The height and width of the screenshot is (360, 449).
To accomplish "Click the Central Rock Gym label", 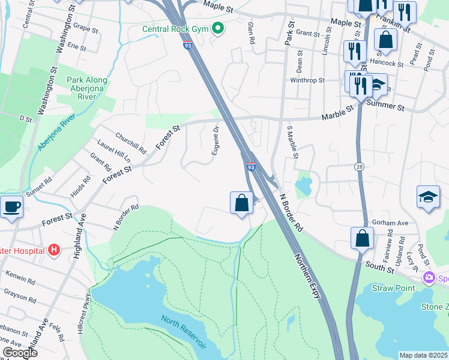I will [175, 29].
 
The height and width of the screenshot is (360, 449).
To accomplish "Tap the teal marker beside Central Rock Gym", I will [218, 28].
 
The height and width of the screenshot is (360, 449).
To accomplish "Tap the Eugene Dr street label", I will [215, 140].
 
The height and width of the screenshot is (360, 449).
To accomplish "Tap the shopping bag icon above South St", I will [363, 238].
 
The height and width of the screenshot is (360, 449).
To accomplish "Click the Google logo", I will [20, 353].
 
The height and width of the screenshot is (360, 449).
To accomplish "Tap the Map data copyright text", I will [424, 355].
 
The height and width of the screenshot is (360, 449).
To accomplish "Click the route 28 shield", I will [360, 166].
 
